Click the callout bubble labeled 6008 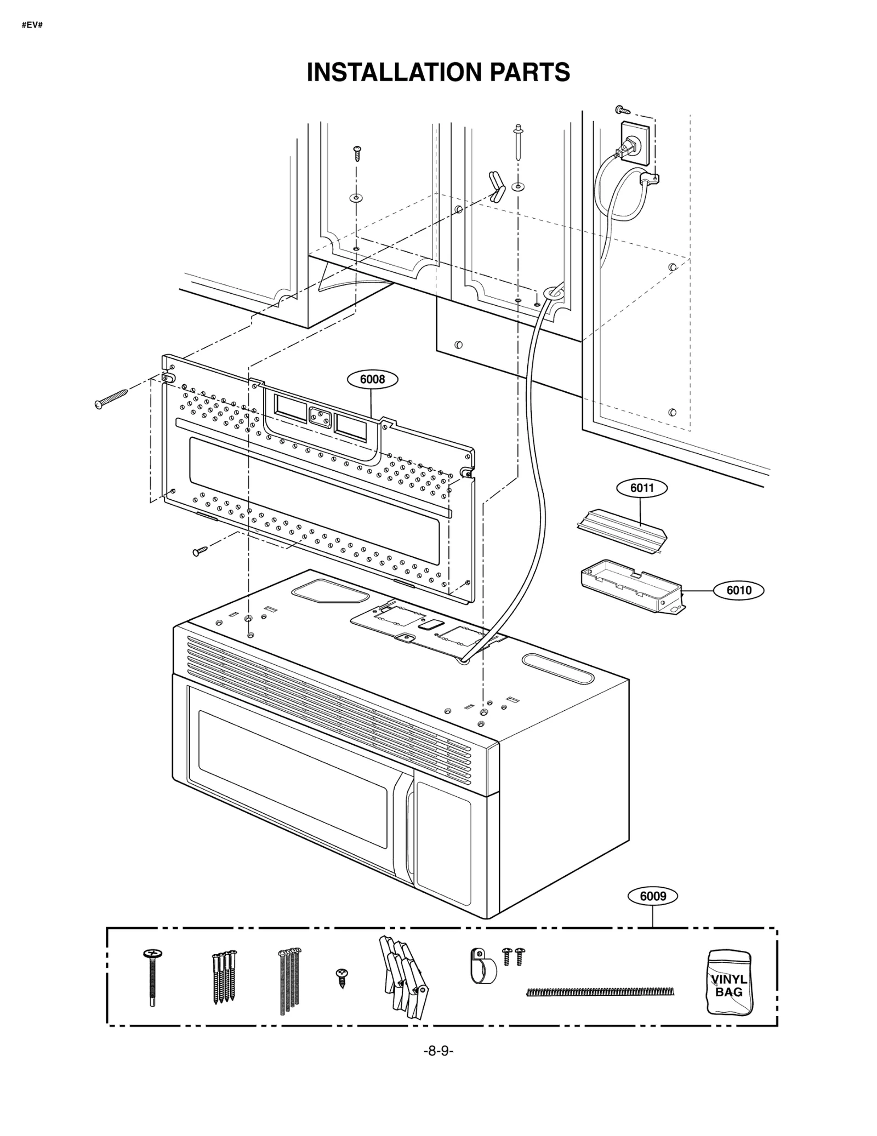(x=373, y=379)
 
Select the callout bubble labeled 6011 (x=642, y=488)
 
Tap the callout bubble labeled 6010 (x=738, y=590)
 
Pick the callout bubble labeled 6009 (x=653, y=896)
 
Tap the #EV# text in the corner (x=32, y=25)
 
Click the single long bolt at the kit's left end (x=151, y=977)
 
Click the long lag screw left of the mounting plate (x=111, y=398)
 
